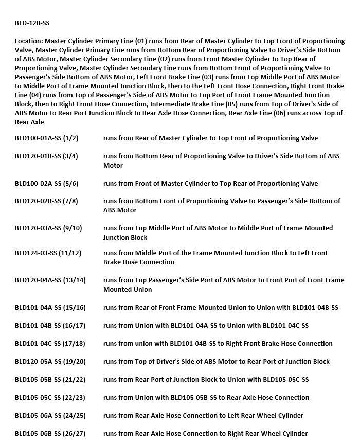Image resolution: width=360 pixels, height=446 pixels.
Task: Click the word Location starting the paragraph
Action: (29, 41)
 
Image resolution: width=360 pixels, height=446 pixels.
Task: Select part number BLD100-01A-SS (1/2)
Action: (46, 138)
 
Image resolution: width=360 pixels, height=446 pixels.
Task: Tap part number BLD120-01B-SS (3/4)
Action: (46, 156)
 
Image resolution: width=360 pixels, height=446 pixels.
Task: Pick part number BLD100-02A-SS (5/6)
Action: (46, 183)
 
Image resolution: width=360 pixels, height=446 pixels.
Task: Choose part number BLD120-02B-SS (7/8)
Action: (46, 201)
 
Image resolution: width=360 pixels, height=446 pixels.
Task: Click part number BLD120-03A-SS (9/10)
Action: (48, 228)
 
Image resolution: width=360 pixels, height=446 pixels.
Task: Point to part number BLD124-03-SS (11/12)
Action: (48, 253)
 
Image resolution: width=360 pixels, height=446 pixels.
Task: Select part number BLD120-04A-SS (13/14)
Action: (50, 280)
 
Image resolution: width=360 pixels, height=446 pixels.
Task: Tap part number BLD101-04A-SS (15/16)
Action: (50, 307)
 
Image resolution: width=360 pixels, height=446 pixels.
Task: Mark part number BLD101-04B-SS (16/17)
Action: (50, 325)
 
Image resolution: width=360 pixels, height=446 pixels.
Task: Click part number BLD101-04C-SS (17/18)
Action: (50, 343)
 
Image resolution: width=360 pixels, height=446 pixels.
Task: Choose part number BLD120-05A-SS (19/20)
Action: (50, 361)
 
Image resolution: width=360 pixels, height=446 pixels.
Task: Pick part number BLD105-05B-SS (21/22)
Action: (50, 379)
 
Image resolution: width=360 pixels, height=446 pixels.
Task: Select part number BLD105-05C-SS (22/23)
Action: (50, 397)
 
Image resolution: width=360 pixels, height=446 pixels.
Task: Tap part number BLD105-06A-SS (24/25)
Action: (50, 415)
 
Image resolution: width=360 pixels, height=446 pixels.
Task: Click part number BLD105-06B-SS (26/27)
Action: (50, 433)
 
